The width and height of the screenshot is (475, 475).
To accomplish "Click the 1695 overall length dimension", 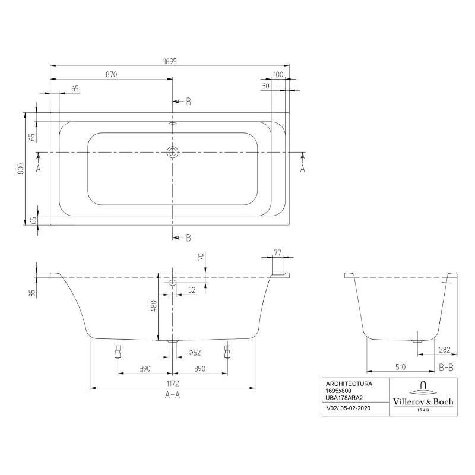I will pyautogui.click(x=170, y=61).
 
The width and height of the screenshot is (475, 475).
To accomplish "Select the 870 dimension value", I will pyautogui.click(x=112, y=75).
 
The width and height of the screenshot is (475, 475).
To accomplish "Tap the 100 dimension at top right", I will pyautogui.click(x=278, y=75).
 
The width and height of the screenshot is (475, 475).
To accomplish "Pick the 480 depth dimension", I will pyautogui.click(x=153, y=306).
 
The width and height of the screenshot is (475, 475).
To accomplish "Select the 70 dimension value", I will pyautogui.click(x=200, y=257).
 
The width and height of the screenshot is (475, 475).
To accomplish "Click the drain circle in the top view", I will pyautogui.click(x=173, y=152).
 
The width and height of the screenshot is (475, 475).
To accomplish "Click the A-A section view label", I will pyautogui.click(x=172, y=395).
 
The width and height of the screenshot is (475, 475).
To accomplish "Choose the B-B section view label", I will pyautogui.click(x=446, y=368).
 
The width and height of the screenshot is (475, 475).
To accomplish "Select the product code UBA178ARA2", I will pyautogui.click(x=345, y=398).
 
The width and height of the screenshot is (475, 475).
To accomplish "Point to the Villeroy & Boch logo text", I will pyautogui.click(x=423, y=402).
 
